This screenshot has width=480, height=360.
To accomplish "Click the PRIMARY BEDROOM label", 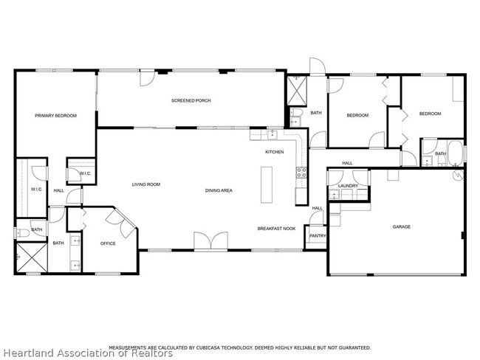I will [55, 114].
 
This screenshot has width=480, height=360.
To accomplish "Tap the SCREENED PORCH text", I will [191, 100].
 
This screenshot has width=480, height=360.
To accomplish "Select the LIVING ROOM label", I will [146, 184].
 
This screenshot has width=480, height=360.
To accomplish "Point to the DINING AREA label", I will [219, 190].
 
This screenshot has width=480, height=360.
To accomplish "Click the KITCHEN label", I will [275, 152].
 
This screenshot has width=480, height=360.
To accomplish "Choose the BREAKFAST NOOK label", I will [276, 229].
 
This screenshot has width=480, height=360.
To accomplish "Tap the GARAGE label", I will [401, 226].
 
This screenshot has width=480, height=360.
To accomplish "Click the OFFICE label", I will [108, 243].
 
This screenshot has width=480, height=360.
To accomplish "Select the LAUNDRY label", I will [348, 185].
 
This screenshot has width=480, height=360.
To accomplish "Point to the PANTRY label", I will [318, 236].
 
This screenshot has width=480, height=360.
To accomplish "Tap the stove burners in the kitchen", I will [301, 173].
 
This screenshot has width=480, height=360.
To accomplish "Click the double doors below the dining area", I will [210, 241].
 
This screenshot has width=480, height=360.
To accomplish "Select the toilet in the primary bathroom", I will [21, 232].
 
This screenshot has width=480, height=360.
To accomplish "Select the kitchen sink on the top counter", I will [272, 134].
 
